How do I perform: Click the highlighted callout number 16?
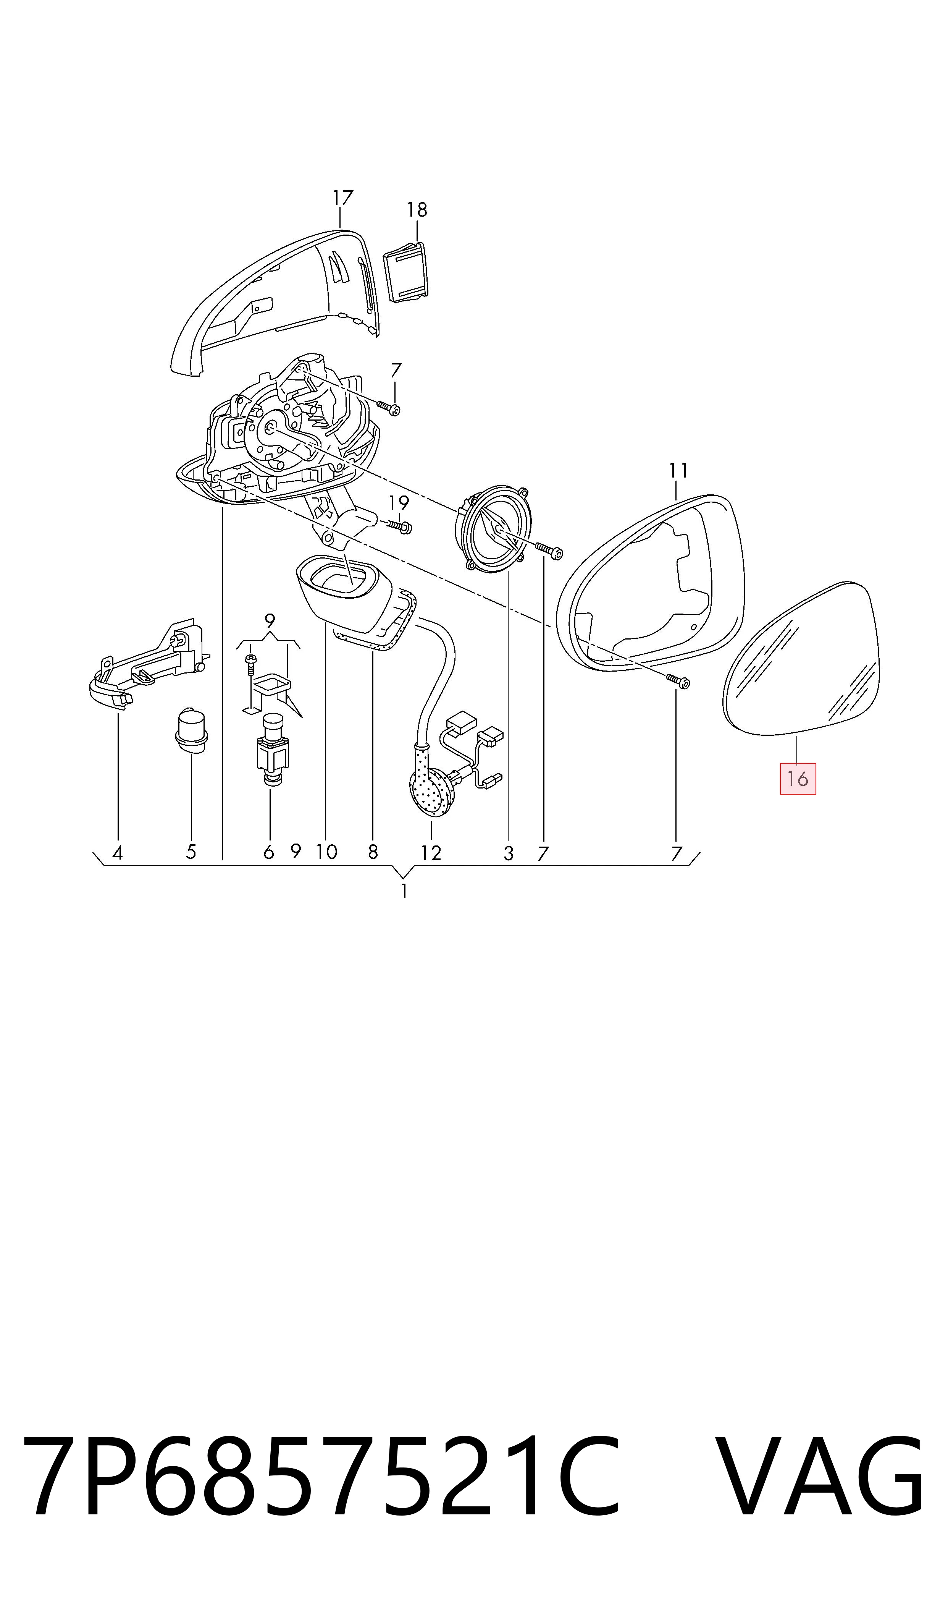pyautogui.click(x=798, y=779)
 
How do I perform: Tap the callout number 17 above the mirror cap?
pyautogui.click(x=342, y=198)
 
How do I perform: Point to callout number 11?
pyautogui.click(x=678, y=471)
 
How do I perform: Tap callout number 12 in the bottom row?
pyautogui.click(x=431, y=853)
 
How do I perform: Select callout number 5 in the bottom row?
pyautogui.click(x=191, y=852)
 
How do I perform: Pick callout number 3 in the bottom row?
pyautogui.click(x=509, y=853)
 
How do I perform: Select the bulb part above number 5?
pyautogui.click(x=191, y=730)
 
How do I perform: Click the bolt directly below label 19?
pyautogui.click(x=398, y=526)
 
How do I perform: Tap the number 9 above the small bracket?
pyautogui.click(x=270, y=620)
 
